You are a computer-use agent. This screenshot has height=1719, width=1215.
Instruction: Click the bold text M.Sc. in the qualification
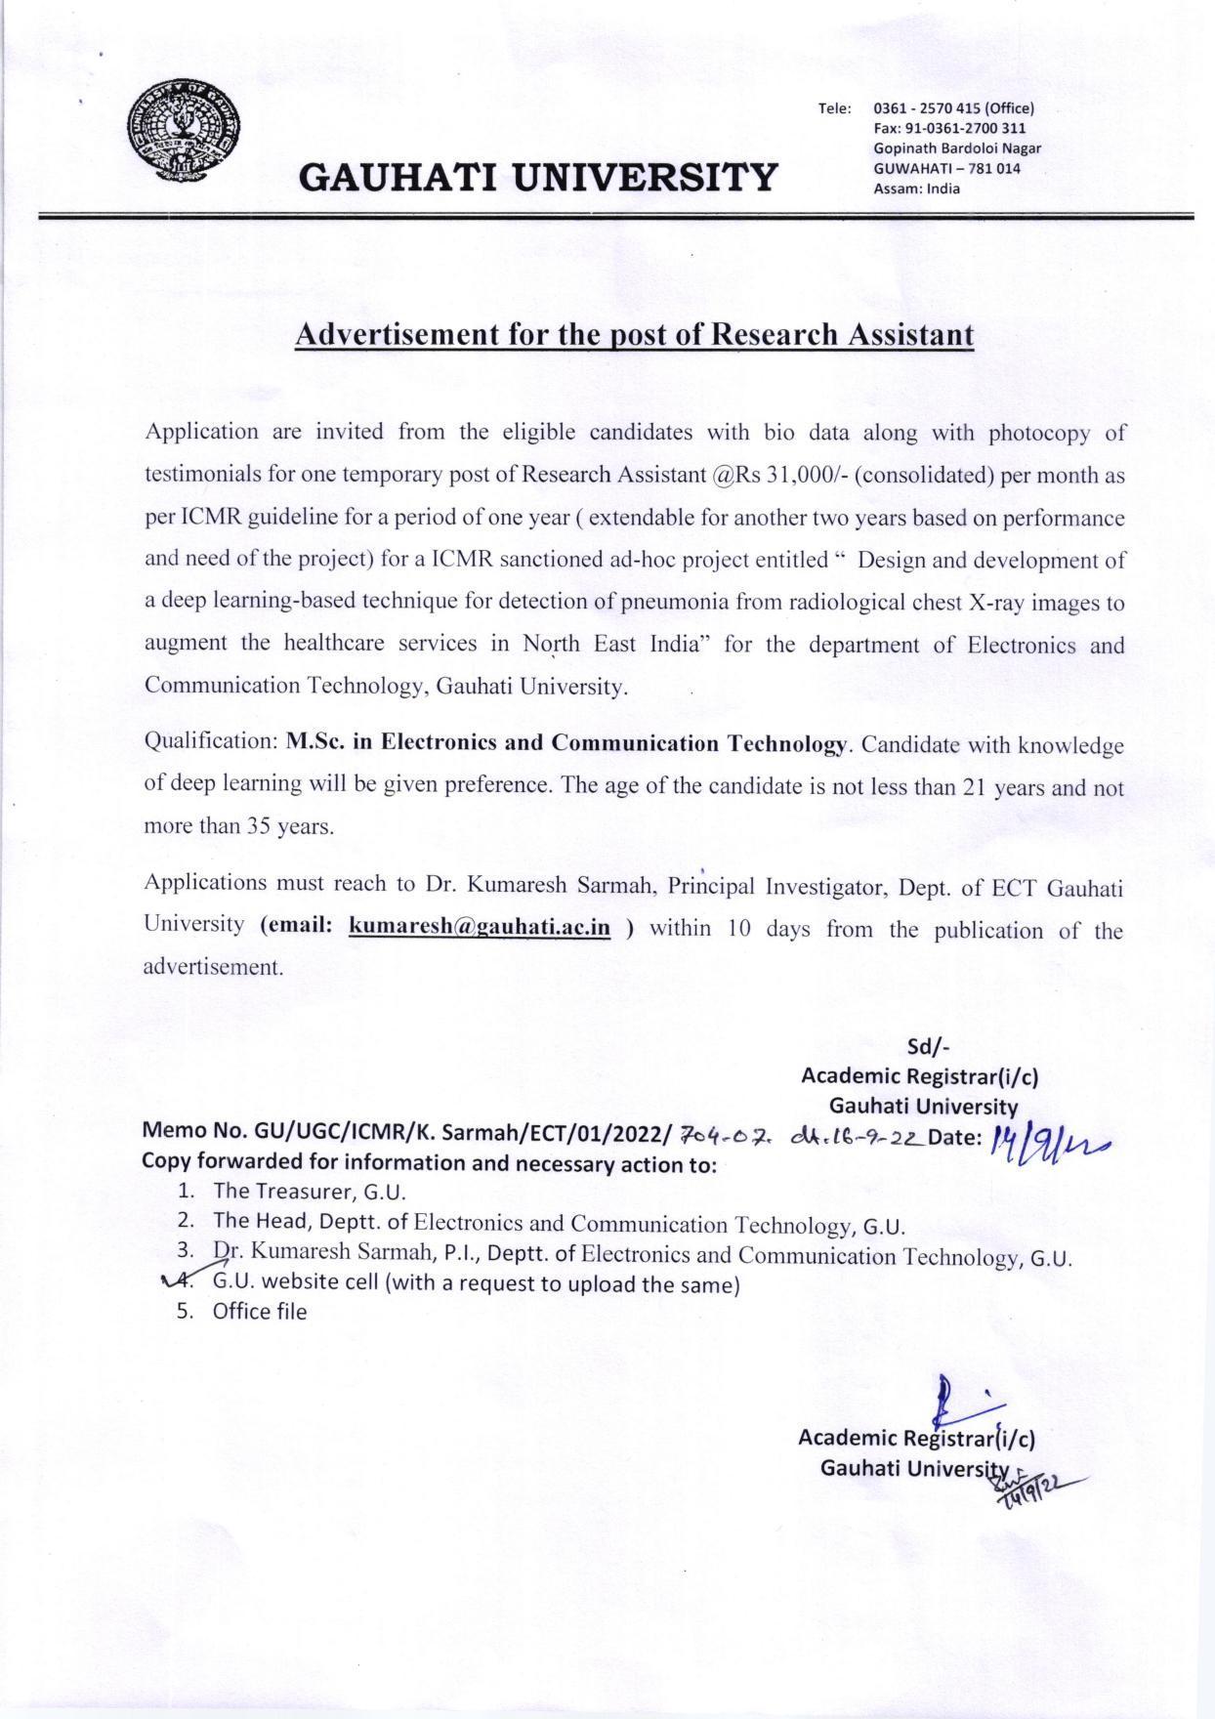314,742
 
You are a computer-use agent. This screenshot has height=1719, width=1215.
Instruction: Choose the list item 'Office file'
259,1312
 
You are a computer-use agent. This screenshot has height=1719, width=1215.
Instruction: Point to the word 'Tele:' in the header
835,108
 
